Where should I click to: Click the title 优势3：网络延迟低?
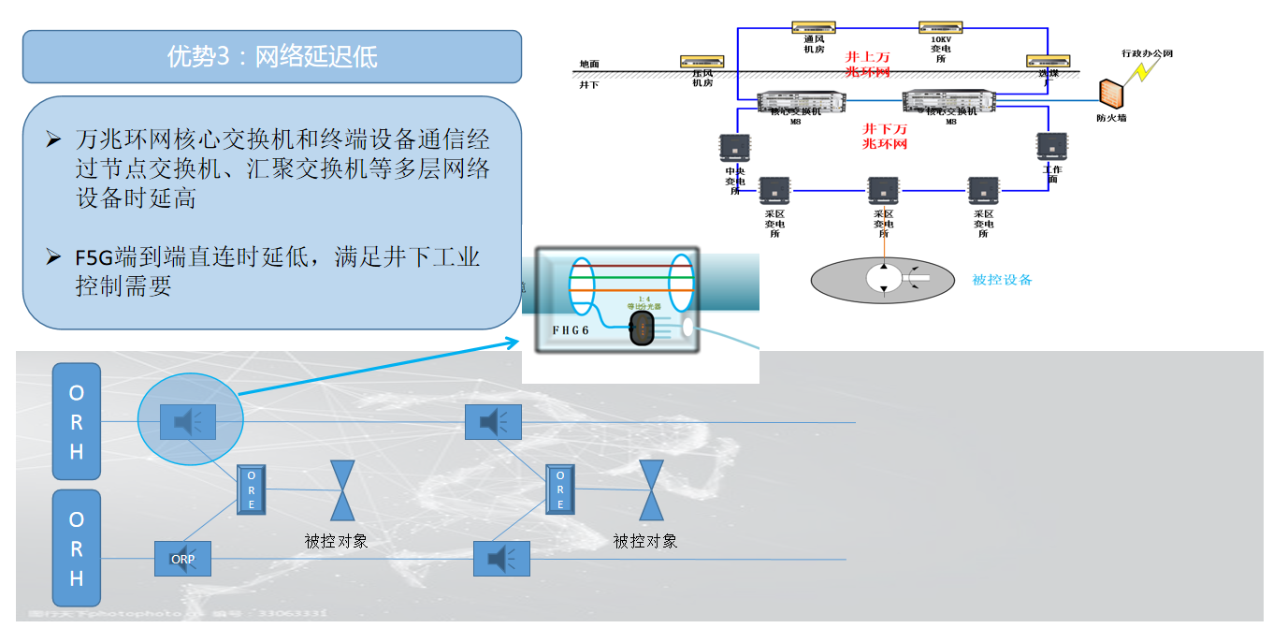271,56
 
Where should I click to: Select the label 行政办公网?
1147,53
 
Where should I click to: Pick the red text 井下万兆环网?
885,136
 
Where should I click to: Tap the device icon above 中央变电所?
734,147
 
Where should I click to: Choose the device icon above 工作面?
1052,147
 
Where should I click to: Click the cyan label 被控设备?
1002,279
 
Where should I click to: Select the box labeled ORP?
182,559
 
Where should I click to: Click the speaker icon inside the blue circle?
188,422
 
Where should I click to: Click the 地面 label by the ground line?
588,65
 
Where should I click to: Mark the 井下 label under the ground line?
588,84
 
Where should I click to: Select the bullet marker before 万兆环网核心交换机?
53,139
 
